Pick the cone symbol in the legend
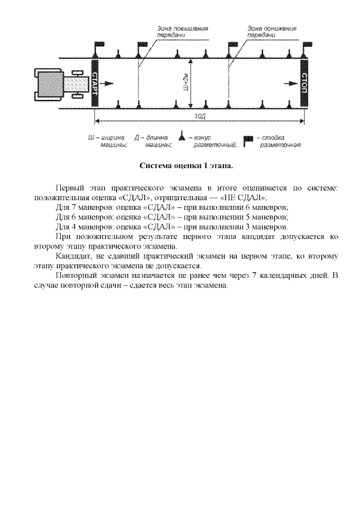coord(182,136)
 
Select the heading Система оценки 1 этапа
coord(186,166)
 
